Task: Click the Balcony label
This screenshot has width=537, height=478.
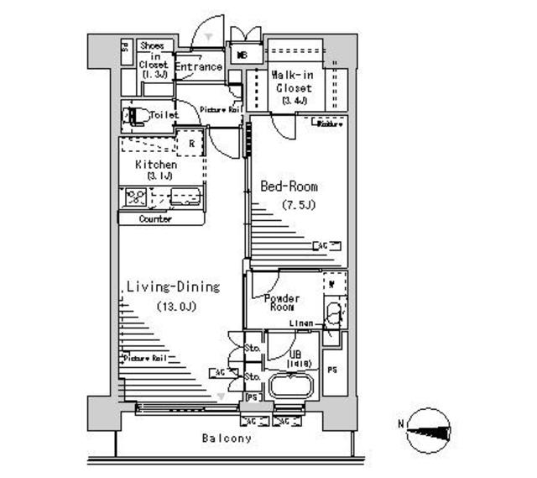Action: tap(226, 439)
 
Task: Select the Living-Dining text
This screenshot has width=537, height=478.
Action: tap(172, 287)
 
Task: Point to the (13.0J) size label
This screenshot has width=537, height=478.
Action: tap(175, 307)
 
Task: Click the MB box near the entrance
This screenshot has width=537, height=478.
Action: tap(242, 56)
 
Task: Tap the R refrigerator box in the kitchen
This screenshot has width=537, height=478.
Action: tap(192, 144)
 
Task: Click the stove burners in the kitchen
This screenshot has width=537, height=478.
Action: tap(135, 198)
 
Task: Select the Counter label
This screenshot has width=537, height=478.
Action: tap(155, 219)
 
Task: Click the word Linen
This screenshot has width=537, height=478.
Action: tap(302, 323)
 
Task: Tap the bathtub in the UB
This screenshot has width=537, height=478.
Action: tap(290, 388)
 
